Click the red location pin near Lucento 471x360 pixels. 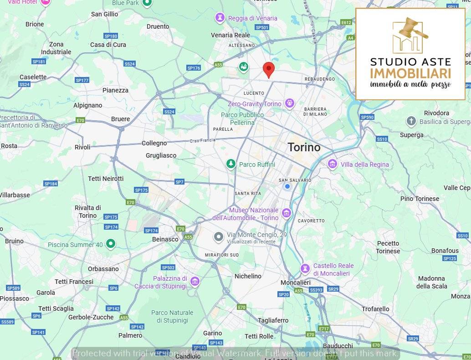coord(269,70)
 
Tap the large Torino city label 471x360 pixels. coord(304,147)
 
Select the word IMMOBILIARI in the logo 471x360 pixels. coord(410,74)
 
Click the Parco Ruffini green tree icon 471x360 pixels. coord(231,164)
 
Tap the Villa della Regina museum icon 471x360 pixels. coord(333,164)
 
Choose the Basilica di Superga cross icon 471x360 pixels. coord(411,121)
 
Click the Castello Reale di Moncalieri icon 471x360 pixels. coord(306,269)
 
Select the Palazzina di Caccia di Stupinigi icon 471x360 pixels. coord(195,282)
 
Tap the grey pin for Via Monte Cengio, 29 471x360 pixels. coord(219,237)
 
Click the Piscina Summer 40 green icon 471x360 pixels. coord(110,244)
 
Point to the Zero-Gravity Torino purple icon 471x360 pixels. coord(289,104)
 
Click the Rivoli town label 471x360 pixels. coord(82,147)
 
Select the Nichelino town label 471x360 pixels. coord(248,276)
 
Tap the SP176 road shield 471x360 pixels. coord(194,68)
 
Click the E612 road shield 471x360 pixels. coord(346,22)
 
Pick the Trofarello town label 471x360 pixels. coord(375,309)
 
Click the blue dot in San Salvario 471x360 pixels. coord(287,186)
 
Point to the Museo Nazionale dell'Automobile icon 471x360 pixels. coord(287,213)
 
